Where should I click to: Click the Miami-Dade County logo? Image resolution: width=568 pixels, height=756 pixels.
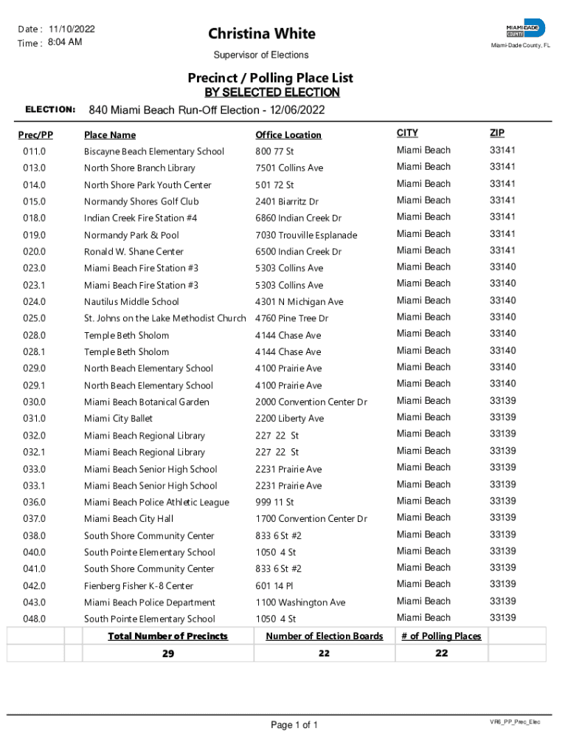point(525,29)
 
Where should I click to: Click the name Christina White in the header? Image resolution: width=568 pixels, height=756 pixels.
point(261,34)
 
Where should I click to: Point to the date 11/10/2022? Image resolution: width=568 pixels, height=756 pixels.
point(72,29)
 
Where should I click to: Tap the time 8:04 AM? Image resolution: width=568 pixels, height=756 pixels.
point(65,42)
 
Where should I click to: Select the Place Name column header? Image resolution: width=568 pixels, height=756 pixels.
point(110,135)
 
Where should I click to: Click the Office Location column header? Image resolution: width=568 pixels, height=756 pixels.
point(288,135)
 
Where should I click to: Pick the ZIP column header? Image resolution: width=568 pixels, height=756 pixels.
point(496,133)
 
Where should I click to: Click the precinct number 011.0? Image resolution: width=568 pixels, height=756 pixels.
point(34,151)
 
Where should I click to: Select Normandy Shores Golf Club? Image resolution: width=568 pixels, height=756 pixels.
point(142,202)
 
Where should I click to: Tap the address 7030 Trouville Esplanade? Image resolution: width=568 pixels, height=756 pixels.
point(306,235)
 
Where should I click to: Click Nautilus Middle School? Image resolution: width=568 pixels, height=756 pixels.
point(131,301)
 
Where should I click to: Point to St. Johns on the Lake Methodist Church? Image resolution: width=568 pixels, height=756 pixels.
point(164,318)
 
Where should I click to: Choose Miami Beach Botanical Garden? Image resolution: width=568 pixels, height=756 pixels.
point(147,402)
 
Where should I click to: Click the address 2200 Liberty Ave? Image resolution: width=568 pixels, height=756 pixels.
point(289,419)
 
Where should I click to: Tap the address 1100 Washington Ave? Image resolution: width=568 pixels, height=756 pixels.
point(300,602)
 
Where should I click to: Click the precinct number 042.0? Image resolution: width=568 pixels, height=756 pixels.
point(34,586)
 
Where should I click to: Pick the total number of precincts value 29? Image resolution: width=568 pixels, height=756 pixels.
point(168,653)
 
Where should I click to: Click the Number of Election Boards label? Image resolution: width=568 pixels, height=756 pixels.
point(325,636)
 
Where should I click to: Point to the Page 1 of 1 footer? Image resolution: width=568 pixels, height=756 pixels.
point(294,725)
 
